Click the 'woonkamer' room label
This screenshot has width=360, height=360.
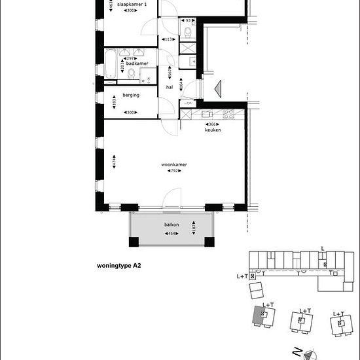point(174,164)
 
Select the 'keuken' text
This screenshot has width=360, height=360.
point(212,130)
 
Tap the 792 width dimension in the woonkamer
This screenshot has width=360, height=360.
point(174,171)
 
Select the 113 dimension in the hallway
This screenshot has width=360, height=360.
point(168,39)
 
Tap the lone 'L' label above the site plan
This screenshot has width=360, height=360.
point(322,249)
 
